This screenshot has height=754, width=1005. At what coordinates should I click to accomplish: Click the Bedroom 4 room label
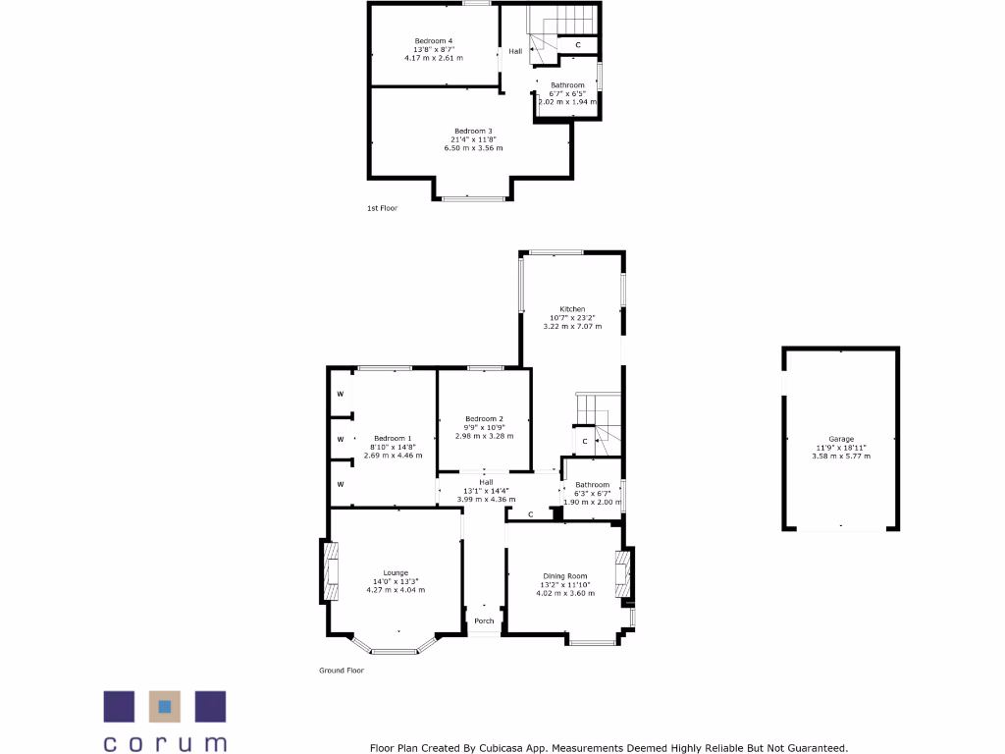pyautogui.click(x=433, y=40)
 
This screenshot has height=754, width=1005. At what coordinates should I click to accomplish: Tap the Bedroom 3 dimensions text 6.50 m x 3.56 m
pyautogui.click(x=472, y=148)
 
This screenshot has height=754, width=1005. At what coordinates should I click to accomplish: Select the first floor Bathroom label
pyautogui.click(x=567, y=85)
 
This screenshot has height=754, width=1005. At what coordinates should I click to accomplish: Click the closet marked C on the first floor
pyautogui.click(x=578, y=45)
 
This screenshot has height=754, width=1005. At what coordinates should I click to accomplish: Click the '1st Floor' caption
pyautogui.click(x=382, y=208)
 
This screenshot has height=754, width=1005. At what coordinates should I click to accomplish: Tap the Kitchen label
pyautogui.click(x=572, y=308)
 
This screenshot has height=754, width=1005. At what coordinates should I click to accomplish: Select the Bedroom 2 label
pyautogui.click(x=484, y=418)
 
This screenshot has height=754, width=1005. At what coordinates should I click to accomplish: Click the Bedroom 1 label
pyautogui.click(x=393, y=438)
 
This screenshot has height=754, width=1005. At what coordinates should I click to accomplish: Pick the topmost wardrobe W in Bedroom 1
pyautogui.click(x=341, y=395)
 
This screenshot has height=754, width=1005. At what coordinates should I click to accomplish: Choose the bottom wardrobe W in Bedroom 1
pyautogui.click(x=341, y=484)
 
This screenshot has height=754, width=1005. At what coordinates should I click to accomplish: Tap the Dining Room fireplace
pyautogui.click(x=620, y=575)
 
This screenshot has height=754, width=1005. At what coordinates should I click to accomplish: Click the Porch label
pyautogui.click(x=484, y=621)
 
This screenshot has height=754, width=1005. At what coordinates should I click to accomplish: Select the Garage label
pyautogui.click(x=841, y=439)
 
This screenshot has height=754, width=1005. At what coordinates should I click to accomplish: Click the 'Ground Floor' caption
pyautogui.click(x=342, y=671)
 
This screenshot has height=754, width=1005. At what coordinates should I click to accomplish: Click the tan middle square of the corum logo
pyautogui.click(x=165, y=706)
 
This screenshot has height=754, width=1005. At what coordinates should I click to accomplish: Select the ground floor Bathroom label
pyautogui.click(x=593, y=485)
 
